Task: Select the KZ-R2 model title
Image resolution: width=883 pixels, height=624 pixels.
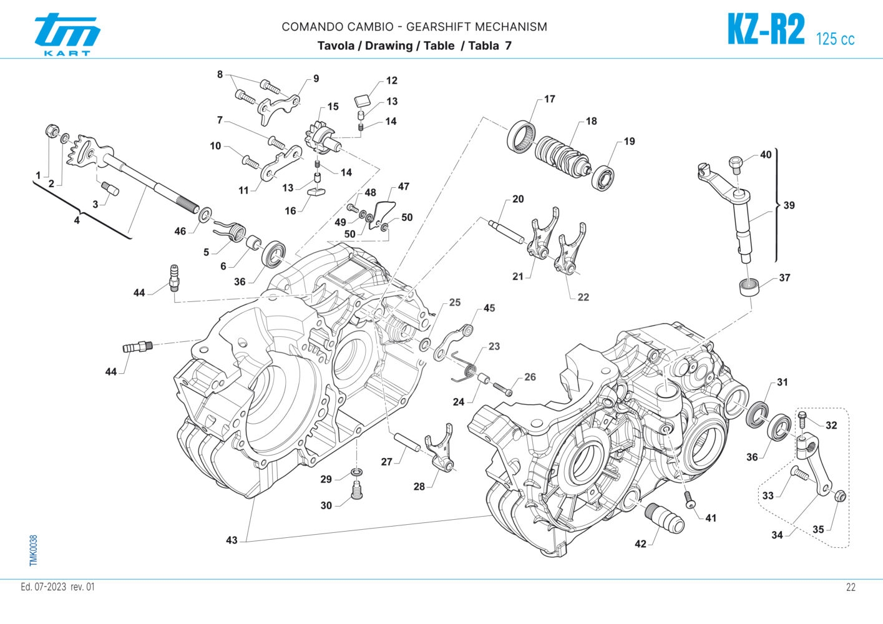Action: point(766,30)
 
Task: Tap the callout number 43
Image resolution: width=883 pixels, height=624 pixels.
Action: point(232,540)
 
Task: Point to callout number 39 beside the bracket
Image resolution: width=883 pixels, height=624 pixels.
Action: point(789,205)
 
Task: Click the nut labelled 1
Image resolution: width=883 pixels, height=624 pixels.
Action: point(51,132)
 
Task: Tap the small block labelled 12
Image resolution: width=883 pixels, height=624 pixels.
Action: point(361,99)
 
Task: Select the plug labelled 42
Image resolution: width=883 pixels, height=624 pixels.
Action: point(666,517)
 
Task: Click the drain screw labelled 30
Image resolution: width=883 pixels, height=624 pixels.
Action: point(358,491)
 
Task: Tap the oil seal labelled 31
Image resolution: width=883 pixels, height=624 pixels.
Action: point(758,414)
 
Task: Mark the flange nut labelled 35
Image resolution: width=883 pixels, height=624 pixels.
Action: point(839,497)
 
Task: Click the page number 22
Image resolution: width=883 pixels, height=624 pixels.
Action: point(851,587)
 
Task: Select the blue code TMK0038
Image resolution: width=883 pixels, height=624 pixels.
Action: point(34,550)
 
